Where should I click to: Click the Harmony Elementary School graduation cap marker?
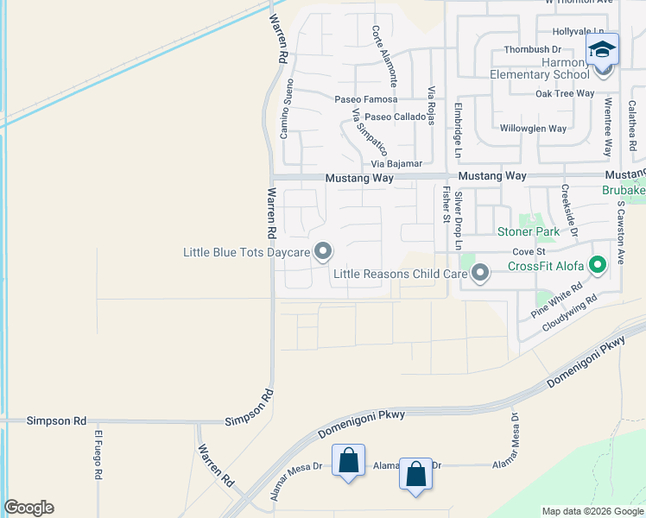602,49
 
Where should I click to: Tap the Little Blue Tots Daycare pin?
323,251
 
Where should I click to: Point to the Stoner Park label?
528,231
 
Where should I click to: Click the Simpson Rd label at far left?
56,420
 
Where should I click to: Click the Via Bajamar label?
396,163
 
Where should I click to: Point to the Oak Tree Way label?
565,93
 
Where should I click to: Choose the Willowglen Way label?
533,129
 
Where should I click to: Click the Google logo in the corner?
28,508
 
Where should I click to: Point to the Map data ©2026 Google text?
592,511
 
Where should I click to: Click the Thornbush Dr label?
533,50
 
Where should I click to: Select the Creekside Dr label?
570,210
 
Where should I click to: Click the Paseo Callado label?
395,117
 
